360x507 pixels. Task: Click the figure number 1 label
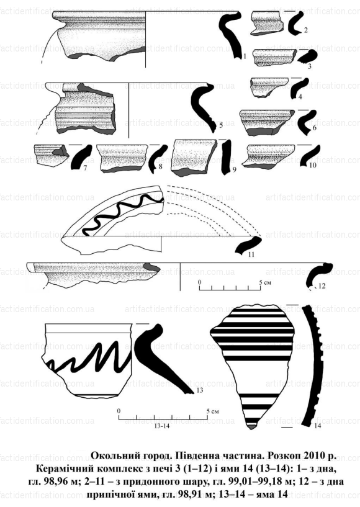click(245, 56)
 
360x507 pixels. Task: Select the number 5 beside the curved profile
click(221, 126)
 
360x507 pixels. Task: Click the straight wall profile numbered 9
click(226, 157)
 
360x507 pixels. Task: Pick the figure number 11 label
click(251, 254)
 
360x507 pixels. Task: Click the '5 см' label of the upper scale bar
click(266, 283)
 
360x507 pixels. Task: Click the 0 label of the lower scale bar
click(119, 411)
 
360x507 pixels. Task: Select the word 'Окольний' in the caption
click(113, 456)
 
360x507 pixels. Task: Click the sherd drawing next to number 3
click(274, 58)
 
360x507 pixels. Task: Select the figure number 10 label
click(312, 165)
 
